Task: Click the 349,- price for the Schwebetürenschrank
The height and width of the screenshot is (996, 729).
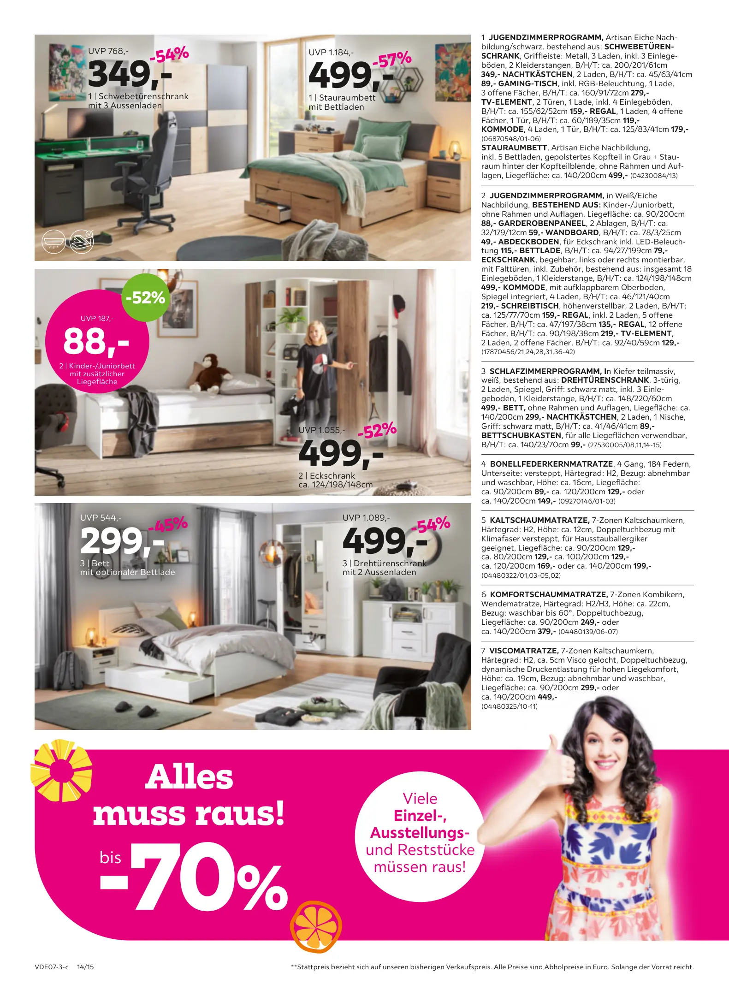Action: (x=129, y=75)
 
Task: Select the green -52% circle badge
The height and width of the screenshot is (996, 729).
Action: (x=145, y=297)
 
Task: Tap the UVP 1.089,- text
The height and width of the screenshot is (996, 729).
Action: (x=366, y=517)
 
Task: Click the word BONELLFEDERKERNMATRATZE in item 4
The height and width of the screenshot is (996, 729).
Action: (x=551, y=464)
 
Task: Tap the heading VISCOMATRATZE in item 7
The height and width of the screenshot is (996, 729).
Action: (x=523, y=651)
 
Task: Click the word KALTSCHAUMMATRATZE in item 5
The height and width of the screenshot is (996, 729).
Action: (x=539, y=520)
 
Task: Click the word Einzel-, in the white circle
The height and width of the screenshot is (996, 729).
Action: (x=420, y=816)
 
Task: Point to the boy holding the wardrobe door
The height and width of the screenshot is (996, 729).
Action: (x=318, y=369)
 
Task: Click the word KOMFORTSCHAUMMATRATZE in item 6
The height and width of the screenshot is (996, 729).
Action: (x=548, y=594)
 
